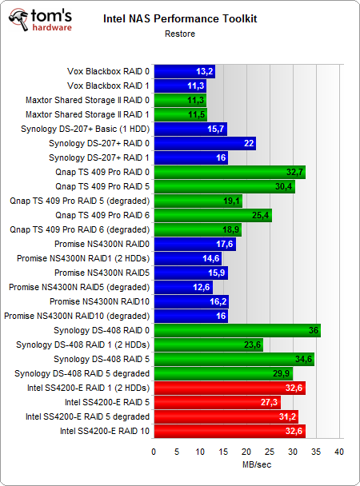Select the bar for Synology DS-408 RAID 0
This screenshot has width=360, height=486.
point(237,329)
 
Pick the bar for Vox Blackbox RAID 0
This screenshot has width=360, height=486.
point(184,71)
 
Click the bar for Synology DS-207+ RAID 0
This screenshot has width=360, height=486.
point(204,143)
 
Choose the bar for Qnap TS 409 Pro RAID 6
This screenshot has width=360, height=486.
point(212,215)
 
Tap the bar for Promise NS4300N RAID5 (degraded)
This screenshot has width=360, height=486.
point(182,287)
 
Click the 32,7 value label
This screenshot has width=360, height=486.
point(295,172)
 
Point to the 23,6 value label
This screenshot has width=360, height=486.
point(253,345)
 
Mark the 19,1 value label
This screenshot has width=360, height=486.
point(232,201)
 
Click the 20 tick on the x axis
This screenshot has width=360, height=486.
point(246,452)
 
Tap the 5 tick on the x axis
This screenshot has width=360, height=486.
point(177,452)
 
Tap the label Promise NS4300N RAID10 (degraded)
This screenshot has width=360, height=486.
point(76,316)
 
